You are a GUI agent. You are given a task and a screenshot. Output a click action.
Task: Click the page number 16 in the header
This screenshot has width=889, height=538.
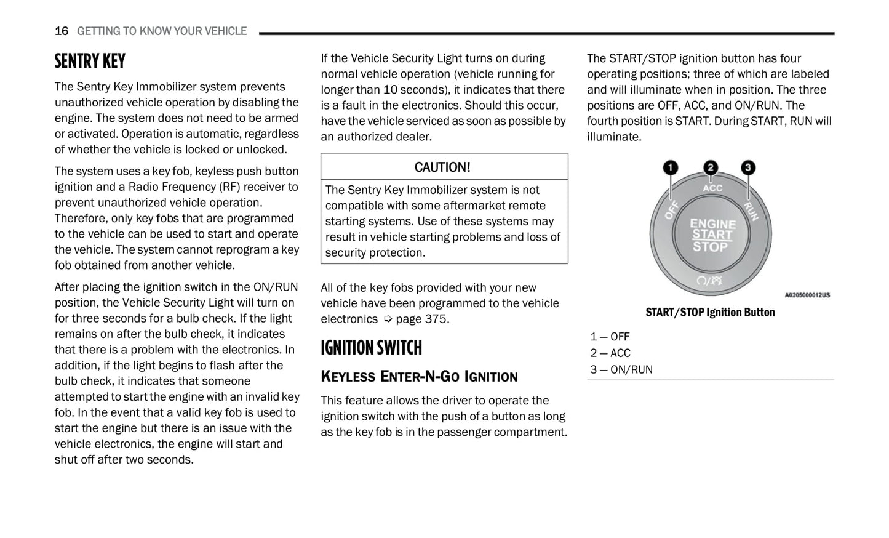pyautogui.click(x=62, y=31)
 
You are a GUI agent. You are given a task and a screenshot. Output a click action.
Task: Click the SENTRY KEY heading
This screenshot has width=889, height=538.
pyautogui.click(x=90, y=61)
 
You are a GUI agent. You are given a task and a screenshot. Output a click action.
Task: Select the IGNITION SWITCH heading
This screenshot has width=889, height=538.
pyautogui.click(x=371, y=348)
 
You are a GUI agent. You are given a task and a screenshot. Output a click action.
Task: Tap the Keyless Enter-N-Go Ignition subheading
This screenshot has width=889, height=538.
pyautogui.click(x=419, y=376)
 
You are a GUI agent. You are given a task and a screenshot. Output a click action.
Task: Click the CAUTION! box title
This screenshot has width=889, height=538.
pyautogui.click(x=442, y=167)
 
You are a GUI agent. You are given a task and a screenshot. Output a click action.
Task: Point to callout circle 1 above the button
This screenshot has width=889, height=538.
pyautogui.click(x=670, y=167)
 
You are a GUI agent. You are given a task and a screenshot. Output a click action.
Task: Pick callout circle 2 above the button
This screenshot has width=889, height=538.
pyautogui.click(x=711, y=167)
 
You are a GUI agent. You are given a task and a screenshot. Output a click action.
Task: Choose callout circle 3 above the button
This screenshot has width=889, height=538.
pyautogui.click(x=747, y=167)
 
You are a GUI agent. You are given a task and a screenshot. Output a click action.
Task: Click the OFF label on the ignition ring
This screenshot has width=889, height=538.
pyautogui.click(x=671, y=209)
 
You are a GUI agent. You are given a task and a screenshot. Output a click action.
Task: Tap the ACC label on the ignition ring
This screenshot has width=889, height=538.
pyautogui.click(x=712, y=188)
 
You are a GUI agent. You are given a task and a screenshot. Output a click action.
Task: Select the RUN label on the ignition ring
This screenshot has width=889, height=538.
pyautogui.click(x=751, y=211)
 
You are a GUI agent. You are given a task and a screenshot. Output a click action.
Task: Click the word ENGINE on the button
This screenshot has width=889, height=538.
pyautogui.click(x=712, y=223)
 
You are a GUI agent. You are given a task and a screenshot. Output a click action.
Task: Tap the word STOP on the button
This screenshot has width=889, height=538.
pyautogui.click(x=710, y=247)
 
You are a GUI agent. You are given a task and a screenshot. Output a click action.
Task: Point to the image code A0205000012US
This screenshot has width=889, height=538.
pyautogui.click(x=807, y=295)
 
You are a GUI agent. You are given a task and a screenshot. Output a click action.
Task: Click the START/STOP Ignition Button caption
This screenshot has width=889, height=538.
pyautogui.click(x=710, y=312)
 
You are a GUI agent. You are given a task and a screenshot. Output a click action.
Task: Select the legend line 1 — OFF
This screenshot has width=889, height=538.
pyautogui.click(x=610, y=337)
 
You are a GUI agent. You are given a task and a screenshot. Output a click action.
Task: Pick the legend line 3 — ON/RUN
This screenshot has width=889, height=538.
pyautogui.click(x=621, y=369)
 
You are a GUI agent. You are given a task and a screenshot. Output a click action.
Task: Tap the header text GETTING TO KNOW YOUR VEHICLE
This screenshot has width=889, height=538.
pyautogui.click(x=162, y=31)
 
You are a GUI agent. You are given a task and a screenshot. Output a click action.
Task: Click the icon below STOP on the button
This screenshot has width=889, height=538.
pyautogui.click(x=709, y=281)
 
